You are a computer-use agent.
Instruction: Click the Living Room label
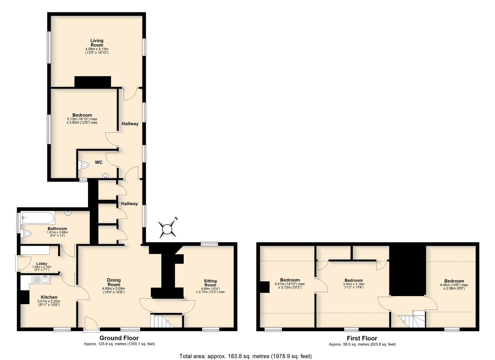tap(97, 43)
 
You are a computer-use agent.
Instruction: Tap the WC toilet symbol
tap(84, 165)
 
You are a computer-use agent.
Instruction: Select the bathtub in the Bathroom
tap(37, 218)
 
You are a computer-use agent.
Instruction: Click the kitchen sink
tap(41, 280)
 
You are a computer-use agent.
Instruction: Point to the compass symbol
tap(168, 229)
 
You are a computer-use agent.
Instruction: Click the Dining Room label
tap(114, 282)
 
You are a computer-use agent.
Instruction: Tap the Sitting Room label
tap(210, 283)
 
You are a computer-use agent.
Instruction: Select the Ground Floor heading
tap(119, 338)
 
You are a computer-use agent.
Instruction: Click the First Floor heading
tap(362, 338)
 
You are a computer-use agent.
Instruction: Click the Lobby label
tap(42, 263)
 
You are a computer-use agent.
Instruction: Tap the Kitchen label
tap(49, 297)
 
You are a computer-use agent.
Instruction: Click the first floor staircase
tap(412, 319)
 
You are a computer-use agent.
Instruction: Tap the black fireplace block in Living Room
tap(93, 82)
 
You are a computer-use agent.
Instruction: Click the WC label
tap(99, 162)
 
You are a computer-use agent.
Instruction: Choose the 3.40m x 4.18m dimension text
tap(354, 284)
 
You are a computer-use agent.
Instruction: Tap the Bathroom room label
tap(57, 229)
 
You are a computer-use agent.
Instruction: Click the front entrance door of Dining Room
tap(91, 324)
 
